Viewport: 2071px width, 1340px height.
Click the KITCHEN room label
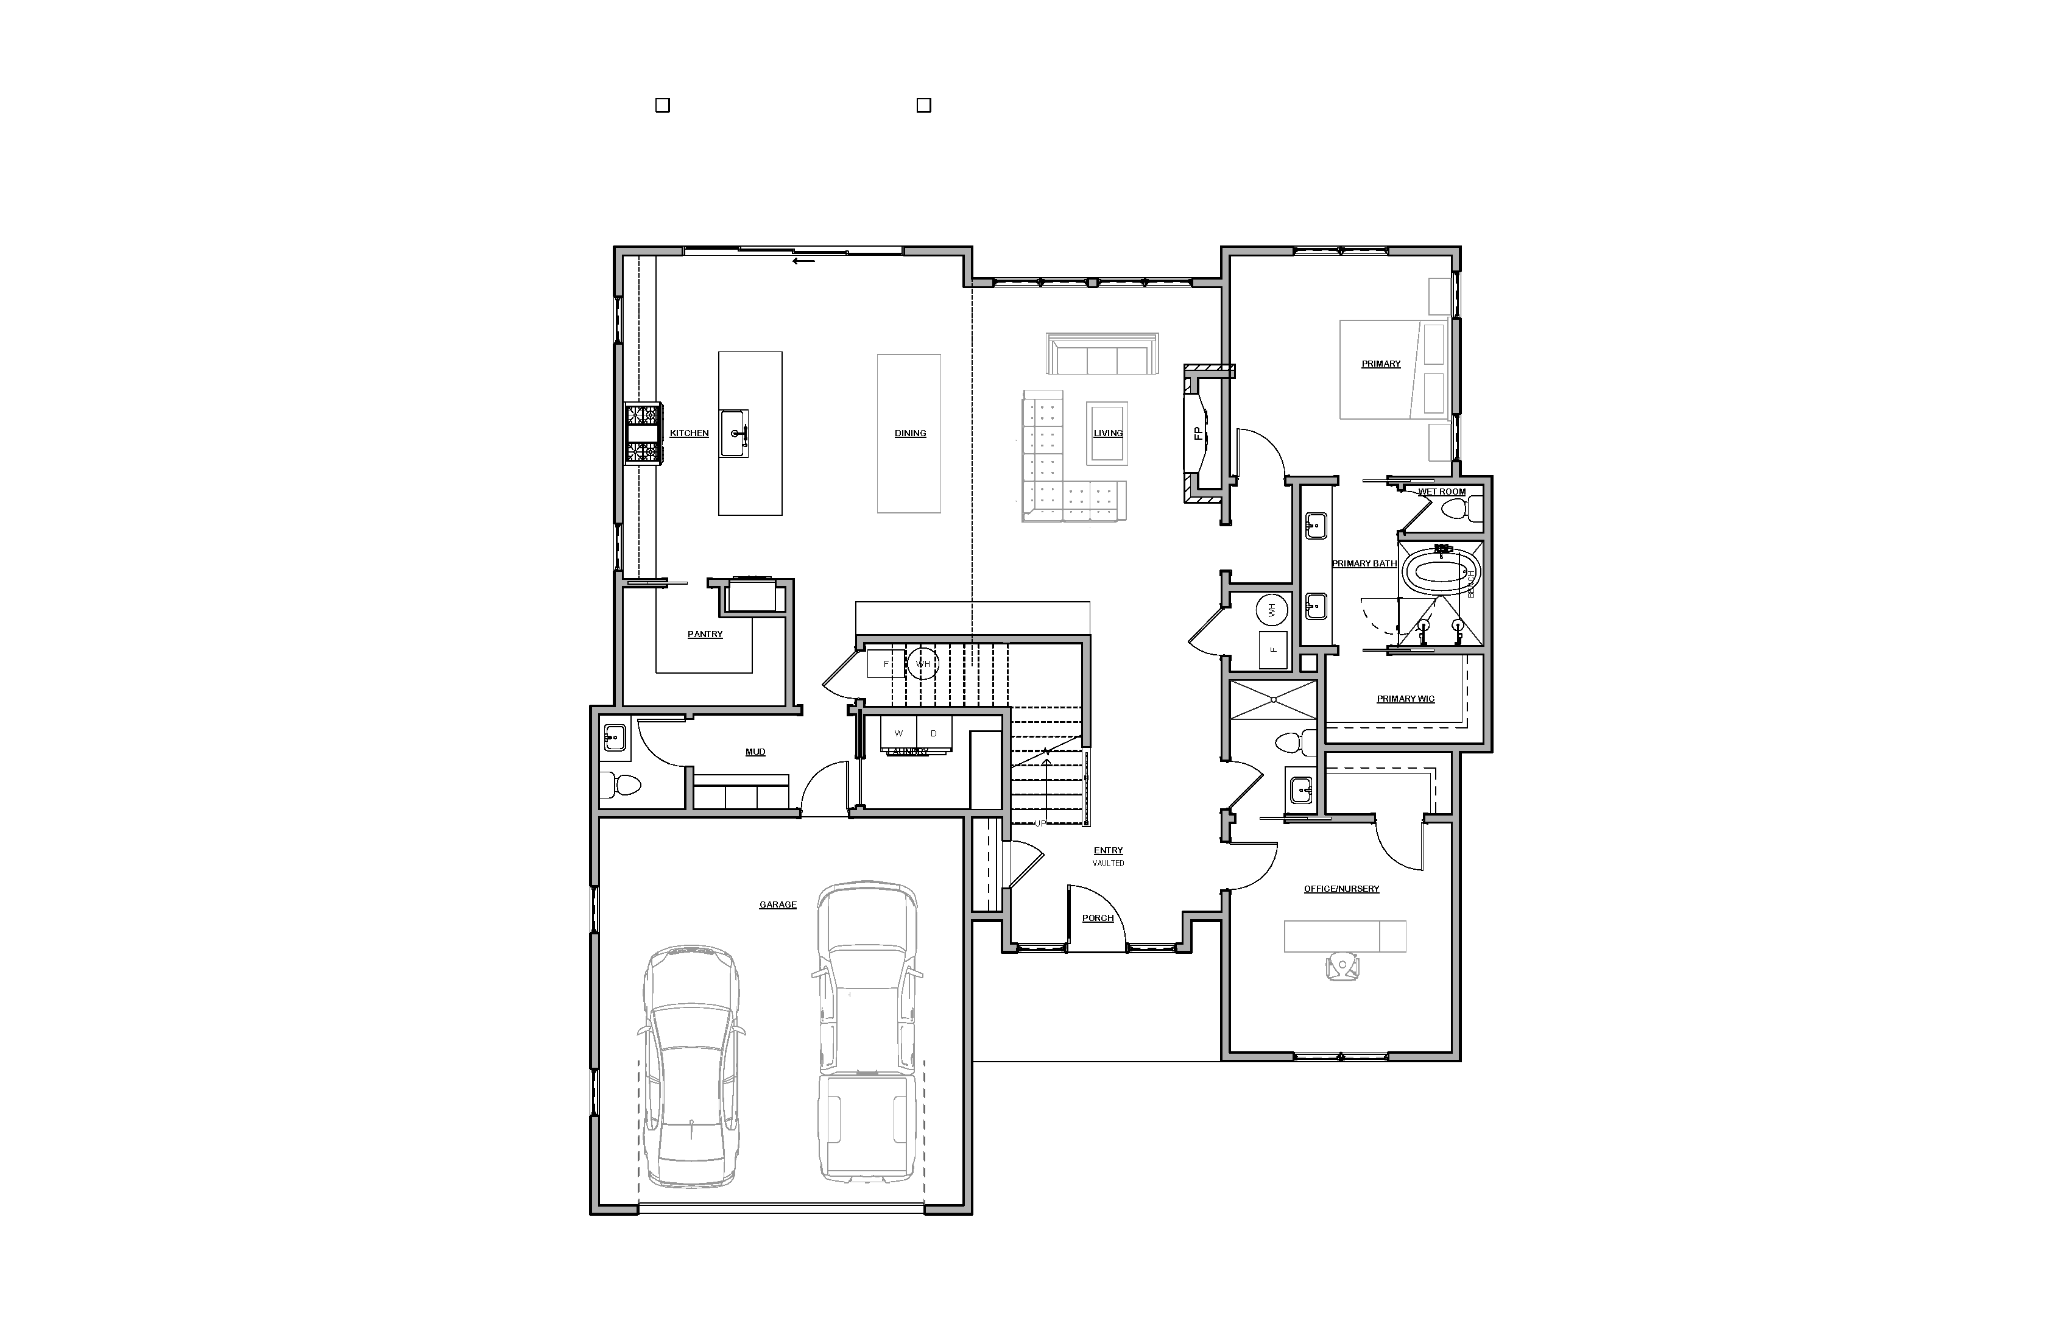(x=688, y=433)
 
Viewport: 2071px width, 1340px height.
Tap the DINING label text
(x=910, y=433)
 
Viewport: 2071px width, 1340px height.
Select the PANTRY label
(x=705, y=634)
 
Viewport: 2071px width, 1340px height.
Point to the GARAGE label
(x=777, y=905)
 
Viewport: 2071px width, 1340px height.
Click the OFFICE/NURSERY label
(x=1341, y=889)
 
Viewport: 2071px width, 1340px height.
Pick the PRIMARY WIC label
(x=1405, y=699)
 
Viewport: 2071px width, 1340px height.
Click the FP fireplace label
(x=1198, y=432)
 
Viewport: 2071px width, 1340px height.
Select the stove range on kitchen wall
(x=643, y=433)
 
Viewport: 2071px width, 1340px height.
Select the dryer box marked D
(x=934, y=733)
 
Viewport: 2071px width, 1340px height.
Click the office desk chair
(x=1342, y=966)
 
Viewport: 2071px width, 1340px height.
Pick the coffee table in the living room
(x=1107, y=433)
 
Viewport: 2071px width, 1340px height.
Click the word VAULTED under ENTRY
(x=1108, y=863)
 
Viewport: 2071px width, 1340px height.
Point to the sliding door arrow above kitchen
(x=803, y=260)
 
